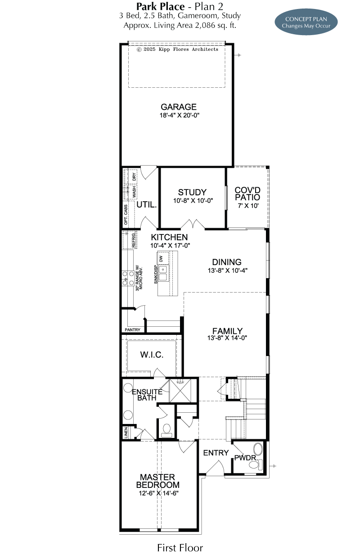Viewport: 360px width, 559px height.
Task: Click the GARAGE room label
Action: pos(178,107)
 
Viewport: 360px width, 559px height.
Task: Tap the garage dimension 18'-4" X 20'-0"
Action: pos(180,115)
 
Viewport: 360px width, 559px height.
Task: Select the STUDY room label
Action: pos(192,192)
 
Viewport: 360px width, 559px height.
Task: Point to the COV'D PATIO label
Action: pos(247,194)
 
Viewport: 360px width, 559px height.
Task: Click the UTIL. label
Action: pos(147,205)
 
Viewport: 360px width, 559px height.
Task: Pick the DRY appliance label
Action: pos(134,177)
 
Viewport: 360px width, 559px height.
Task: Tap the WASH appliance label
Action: pos(134,192)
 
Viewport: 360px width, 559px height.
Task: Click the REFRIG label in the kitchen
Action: pos(134,240)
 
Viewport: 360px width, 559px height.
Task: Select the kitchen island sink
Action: pos(163,273)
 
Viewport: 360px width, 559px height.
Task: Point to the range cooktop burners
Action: pos(128,278)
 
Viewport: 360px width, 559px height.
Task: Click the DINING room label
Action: pos(227,262)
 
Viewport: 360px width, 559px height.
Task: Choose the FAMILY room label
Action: pos(227,331)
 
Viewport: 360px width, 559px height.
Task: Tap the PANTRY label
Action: pos(132,330)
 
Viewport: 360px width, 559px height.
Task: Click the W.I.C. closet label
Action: pos(152,355)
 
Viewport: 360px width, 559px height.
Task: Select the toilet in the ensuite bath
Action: pos(166,431)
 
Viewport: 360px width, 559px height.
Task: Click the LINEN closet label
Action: pos(126,433)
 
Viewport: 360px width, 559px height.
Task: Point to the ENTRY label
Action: pos(216,453)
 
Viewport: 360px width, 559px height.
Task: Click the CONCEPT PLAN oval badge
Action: pos(306,22)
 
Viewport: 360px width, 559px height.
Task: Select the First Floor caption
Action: pos(180,548)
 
